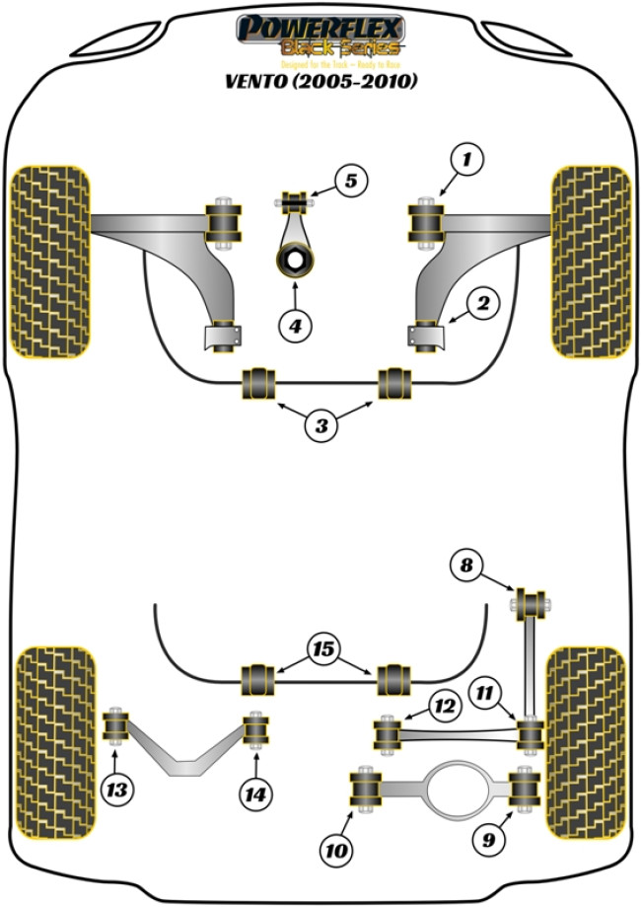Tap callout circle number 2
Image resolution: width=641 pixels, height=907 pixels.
(x=483, y=305)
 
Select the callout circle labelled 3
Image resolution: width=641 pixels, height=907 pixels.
(x=321, y=426)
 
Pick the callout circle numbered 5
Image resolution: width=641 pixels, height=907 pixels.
(x=349, y=181)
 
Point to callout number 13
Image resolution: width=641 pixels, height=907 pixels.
(x=117, y=789)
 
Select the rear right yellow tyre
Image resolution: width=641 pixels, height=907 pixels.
(x=585, y=726)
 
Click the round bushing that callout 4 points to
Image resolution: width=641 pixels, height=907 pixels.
(x=292, y=261)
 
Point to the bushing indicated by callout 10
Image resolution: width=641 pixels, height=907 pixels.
(x=367, y=789)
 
